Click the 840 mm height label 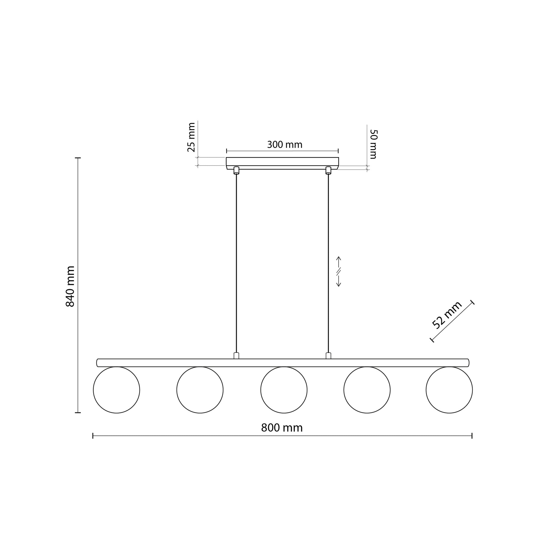(x=70, y=286)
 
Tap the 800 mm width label (x=282, y=428)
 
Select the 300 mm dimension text (x=285, y=145)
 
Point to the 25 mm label (x=191, y=137)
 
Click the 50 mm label (x=373, y=144)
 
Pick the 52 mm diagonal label (x=447, y=315)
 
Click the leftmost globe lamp (x=117, y=390)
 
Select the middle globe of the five (x=284, y=390)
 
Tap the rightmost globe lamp (x=449, y=390)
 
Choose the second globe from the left (x=200, y=390)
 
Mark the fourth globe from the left (x=367, y=390)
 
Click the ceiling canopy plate (x=282, y=162)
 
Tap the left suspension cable (x=236, y=259)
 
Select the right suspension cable (x=328, y=259)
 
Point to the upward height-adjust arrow (x=339, y=262)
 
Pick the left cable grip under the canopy (x=236, y=170)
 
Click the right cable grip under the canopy (x=328, y=170)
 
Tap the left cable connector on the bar (x=236, y=356)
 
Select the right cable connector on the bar (x=328, y=356)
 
